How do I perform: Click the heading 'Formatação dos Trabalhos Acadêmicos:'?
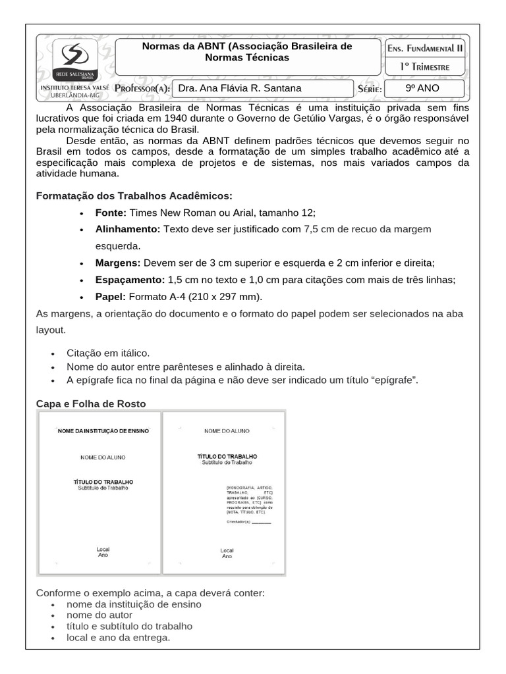[134, 196]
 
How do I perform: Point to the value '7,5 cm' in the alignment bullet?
[320, 229]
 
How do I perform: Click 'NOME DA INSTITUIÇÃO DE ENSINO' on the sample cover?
[104, 430]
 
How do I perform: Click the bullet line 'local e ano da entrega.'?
[119, 638]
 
